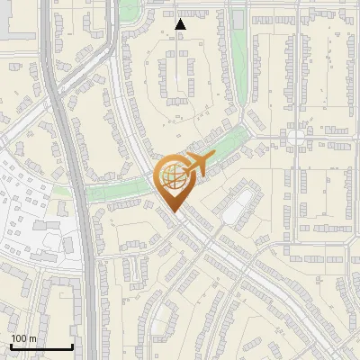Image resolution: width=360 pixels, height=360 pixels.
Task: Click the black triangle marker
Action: click(181, 24)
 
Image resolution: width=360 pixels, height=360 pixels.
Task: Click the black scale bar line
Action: click(41, 347)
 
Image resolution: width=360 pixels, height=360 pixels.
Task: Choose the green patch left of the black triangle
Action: click(130, 11)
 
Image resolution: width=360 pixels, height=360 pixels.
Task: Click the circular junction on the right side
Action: click(296, 138)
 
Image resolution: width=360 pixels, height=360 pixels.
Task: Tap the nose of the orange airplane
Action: click(213, 158)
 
